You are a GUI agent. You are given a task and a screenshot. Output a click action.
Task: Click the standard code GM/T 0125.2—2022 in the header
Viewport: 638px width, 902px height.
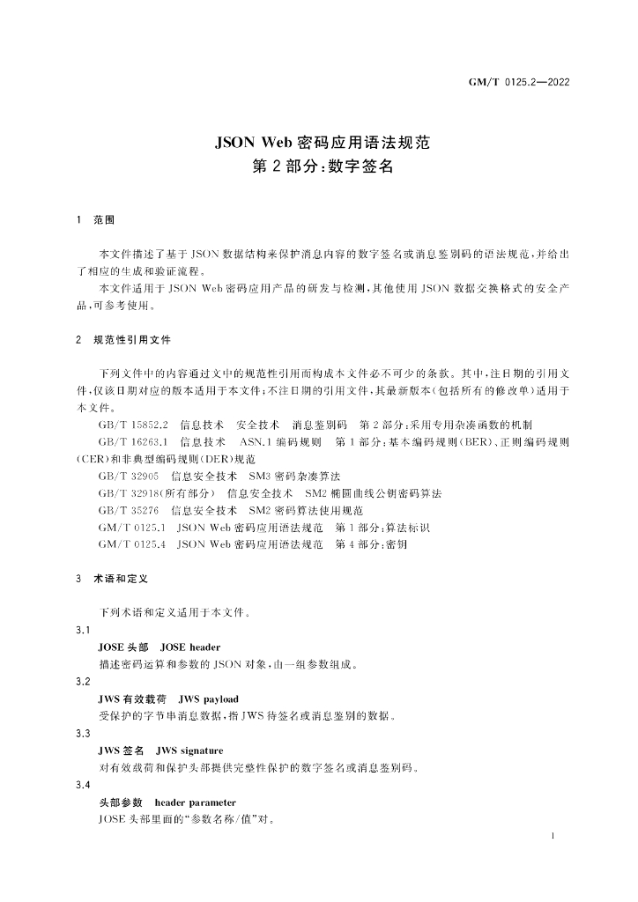point(517,83)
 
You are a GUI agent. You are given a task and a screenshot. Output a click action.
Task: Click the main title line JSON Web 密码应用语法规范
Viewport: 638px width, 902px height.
point(318,141)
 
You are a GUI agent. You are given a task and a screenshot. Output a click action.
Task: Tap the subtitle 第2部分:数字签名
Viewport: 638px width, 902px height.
point(318,166)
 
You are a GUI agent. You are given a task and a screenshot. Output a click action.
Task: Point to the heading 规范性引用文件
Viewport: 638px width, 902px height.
point(132,339)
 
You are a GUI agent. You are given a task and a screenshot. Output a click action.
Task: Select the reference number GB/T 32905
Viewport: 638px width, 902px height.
point(129,477)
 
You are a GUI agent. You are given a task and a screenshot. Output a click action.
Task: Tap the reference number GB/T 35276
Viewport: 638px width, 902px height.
point(129,510)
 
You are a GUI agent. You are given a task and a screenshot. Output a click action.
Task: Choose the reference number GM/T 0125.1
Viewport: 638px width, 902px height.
point(133,528)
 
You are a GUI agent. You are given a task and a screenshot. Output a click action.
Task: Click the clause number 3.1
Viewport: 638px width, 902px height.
point(84,630)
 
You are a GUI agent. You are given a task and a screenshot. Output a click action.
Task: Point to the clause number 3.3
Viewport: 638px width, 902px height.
point(84,733)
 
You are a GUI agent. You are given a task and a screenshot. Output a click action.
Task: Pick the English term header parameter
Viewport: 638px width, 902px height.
point(195,802)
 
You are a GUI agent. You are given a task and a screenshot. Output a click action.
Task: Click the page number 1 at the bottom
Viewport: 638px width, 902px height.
point(551,835)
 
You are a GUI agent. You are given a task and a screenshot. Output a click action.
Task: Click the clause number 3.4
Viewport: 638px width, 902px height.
point(84,784)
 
